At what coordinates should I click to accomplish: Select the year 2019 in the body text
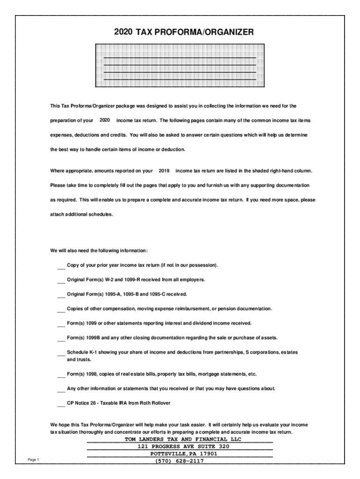pyautogui.click(x=164, y=171)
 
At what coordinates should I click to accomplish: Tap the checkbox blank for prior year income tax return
pyautogui.click(x=61, y=266)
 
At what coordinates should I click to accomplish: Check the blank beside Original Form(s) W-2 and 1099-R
pyautogui.click(x=61, y=281)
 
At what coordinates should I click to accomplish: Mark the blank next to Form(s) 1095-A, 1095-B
pyautogui.click(x=61, y=295)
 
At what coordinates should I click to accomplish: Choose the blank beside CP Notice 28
pyautogui.click(x=61, y=403)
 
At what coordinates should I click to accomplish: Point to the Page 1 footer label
pyautogui.click(x=33, y=460)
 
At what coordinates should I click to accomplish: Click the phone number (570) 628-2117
pyautogui.click(x=180, y=461)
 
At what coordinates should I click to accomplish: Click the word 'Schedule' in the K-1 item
pyautogui.click(x=77, y=352)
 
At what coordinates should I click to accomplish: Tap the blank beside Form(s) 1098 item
pyautogui.click(x=61, y=375)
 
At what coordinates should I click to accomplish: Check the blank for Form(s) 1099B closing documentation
pyautogui.click(x=61, y=338)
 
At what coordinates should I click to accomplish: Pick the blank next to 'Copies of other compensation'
pyautogui.click(x=61, y=310)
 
